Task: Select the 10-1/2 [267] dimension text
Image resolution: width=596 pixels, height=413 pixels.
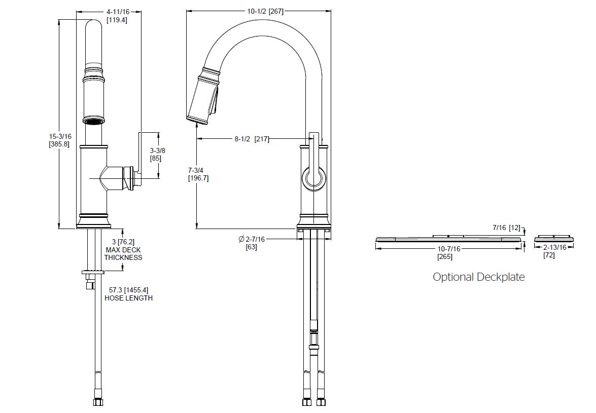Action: (x=265, y=11)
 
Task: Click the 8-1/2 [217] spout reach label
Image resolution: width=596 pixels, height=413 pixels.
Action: (x=252, y=139)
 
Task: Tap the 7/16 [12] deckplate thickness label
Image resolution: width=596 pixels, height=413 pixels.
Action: (x=506, y=228)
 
